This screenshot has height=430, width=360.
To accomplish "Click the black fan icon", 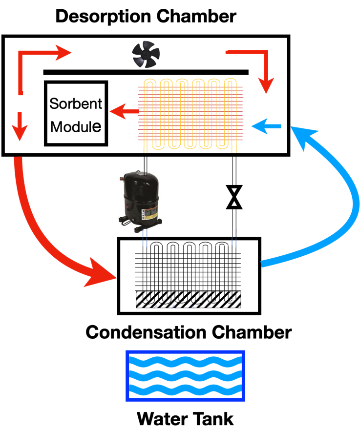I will (146, 54).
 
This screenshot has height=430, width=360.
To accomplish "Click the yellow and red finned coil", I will (190, 114).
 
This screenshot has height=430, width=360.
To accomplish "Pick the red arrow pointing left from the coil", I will (125, 112).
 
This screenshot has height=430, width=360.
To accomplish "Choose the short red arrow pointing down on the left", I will (20, 126).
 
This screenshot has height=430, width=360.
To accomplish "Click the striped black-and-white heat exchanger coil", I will (188, 299).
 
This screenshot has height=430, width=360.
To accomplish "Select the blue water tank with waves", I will (185, 376).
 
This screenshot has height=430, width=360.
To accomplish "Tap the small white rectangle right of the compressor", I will (222, 232).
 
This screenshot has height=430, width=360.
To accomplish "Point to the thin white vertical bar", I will (243, 271).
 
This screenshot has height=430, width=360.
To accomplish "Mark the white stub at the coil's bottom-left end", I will (145, 150).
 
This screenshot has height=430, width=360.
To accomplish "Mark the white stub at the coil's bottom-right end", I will (234, 150).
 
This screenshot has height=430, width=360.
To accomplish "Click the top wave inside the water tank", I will (185, 362).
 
